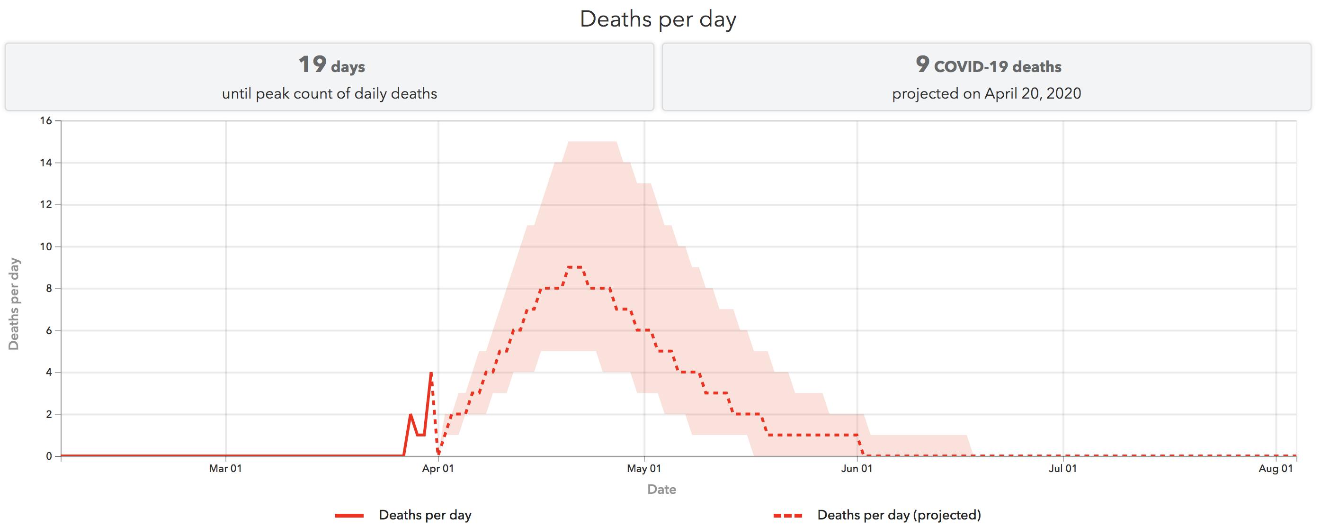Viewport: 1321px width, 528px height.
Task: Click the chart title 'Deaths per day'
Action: [658, 19]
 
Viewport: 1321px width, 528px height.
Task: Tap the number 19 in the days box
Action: [312, 64]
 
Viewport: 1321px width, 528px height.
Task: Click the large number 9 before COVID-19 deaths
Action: [922, 64]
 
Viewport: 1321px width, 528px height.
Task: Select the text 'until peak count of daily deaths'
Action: [329, 94]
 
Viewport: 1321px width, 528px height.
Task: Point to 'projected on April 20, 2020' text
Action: [986, 94]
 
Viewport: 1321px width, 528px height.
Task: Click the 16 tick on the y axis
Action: [46, 120]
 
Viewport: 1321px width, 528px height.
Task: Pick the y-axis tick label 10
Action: [46, 247]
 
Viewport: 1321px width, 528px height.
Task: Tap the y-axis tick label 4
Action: [49, 373]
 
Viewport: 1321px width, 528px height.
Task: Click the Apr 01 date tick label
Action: [438, 468]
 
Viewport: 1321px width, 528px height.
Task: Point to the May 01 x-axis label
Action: [644, 468]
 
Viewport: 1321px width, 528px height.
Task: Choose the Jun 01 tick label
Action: [857, 468]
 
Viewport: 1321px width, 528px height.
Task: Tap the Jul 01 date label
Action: [1062, 468]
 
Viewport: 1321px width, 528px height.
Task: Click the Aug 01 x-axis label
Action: [1276, 468]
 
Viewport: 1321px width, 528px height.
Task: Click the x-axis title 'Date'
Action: [661, 490]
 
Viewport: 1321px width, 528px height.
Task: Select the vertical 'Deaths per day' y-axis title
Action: [14, 304]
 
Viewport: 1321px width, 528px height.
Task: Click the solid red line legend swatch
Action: [349, 516]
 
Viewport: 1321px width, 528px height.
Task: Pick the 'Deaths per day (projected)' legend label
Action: [899, 515]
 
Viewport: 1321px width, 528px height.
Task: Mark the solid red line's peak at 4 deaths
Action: [431, 373]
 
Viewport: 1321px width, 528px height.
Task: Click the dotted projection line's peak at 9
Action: [574, 267]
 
